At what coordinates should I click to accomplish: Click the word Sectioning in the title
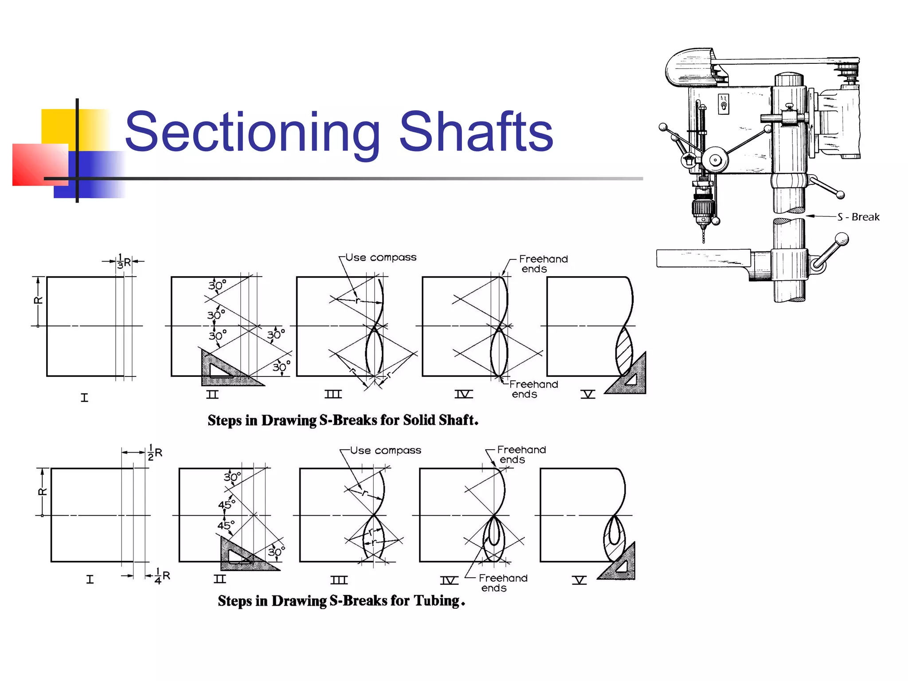coord(253,132)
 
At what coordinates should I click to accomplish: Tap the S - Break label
coord(858,217)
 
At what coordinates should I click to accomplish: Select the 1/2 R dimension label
coord(155,453)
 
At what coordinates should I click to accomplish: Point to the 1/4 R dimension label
coord(162,576)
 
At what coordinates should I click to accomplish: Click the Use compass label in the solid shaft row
coord(380,258)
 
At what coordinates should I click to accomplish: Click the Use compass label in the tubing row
coord(385,450)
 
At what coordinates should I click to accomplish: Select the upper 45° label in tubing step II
coord(227,505)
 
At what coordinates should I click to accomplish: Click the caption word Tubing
coord(437,601)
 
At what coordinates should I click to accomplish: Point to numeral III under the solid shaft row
coord(333,394)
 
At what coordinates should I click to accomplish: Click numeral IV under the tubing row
coord(449,580)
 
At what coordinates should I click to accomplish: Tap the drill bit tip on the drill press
coord(703,239)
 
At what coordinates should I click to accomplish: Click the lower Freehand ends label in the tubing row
coord(503,583)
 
